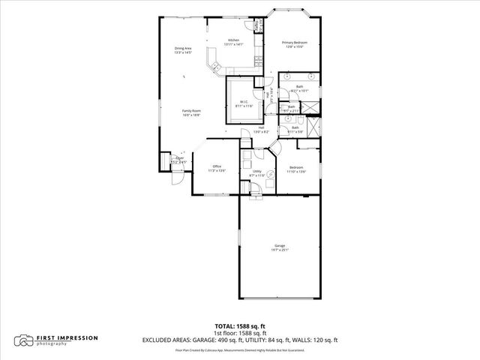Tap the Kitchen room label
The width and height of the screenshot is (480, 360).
[234, 40]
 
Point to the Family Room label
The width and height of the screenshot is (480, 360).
[191, 111]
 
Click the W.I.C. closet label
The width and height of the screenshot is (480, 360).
[244, 101]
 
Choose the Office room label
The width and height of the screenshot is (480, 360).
[217, 166]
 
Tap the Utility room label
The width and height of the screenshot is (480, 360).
[256, 171]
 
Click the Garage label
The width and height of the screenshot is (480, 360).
[279, 245]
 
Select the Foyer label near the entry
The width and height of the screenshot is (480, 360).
[180, 157]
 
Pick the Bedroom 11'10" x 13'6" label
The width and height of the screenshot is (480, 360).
[297, 166]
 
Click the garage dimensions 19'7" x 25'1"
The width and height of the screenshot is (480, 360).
[279, 250]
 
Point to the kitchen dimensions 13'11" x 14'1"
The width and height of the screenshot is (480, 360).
[234, 45]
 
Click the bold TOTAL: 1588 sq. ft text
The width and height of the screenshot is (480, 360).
[239, 325]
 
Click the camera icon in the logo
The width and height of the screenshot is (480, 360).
[25, 340]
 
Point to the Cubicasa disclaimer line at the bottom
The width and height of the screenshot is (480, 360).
[239, 350]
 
